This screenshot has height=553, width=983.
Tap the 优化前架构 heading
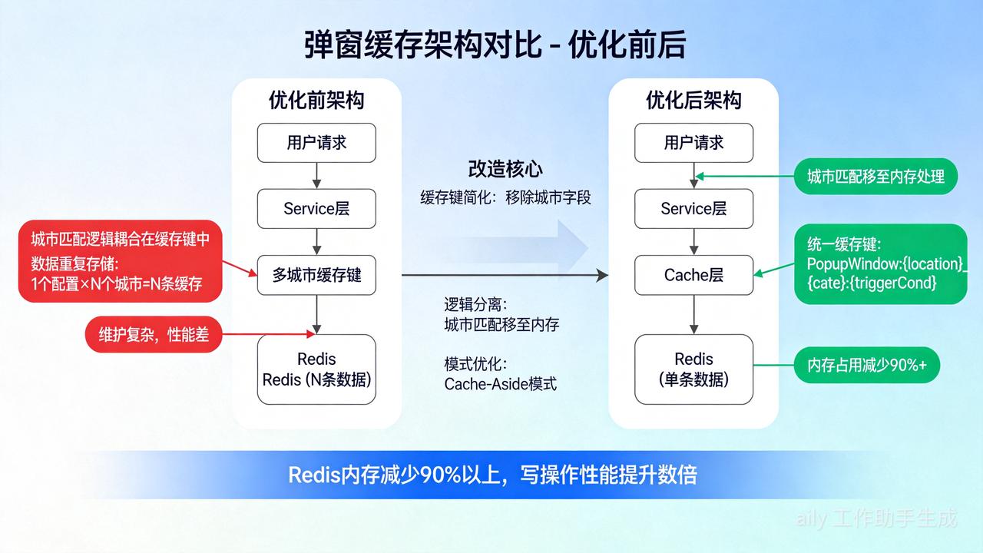coord(316,101)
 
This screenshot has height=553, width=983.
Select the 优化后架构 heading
coord(693,101)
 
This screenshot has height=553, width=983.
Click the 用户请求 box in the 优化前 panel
coord(316,143)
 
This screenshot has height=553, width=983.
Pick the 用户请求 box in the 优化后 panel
coord(693,143)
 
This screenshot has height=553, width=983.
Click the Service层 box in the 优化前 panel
coord(316,209)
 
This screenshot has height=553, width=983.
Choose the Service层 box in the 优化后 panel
coord(693,209)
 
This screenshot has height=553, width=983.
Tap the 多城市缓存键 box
coord(316,275)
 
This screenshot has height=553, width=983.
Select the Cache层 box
coord(693,275)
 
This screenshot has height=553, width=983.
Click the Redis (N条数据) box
coord(316,369)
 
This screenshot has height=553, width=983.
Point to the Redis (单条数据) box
coord(693,369)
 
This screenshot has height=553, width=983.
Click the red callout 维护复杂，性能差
coord(154,335)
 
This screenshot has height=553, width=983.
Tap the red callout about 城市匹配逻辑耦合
coord(120,262)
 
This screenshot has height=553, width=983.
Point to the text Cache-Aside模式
coord(500,384)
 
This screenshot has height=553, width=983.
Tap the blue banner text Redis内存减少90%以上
coord(492,475)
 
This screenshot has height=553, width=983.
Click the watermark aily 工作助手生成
coord(877,518)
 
